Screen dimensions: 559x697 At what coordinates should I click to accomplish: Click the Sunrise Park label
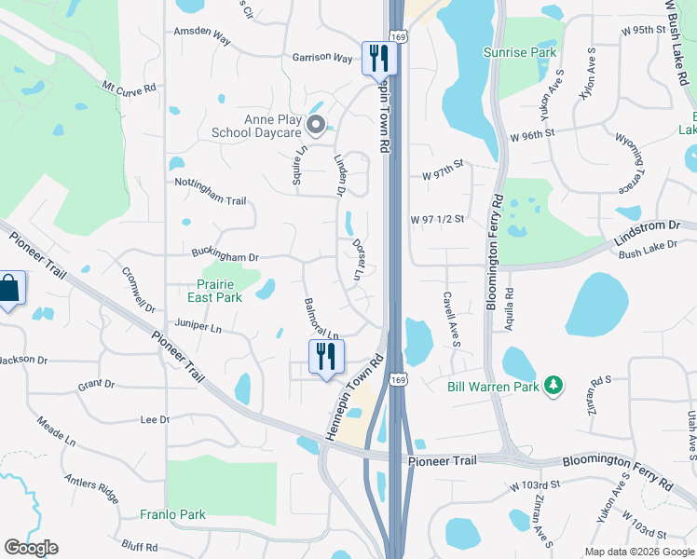(x=520, y=53)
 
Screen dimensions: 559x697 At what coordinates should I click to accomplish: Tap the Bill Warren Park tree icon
(x=553, y=385)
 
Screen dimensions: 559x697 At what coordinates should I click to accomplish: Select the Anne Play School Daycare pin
(x=315, y=124)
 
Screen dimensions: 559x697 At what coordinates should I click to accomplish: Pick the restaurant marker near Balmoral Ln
(x=326, y=356)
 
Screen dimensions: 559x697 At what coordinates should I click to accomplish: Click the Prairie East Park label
(x=207, y=291)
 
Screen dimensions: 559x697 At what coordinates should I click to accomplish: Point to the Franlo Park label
(x=172, y=514)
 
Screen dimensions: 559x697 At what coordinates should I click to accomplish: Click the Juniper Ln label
(x=198, y=327)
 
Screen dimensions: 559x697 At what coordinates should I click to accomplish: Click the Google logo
(x=31, y=548)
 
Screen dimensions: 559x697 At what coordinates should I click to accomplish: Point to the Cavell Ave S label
(x=451, y=318)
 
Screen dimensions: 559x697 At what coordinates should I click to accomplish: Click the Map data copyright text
(x=639, y=552)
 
